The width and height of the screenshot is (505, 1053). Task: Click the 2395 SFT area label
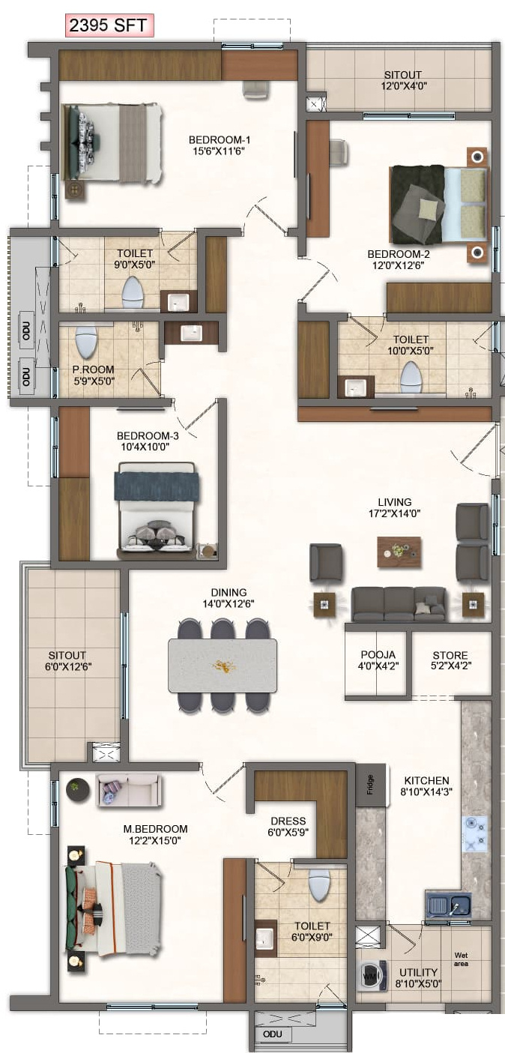click(109, 25)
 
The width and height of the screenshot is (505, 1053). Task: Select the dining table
click(223, 666)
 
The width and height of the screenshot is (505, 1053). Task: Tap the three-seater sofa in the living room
click(399, 604)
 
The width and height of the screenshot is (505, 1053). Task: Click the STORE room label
click(450, 655)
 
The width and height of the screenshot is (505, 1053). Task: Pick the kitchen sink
click(448, 904)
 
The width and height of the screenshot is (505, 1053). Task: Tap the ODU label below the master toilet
click(273, 1034)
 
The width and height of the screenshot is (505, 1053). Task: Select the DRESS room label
click(288, 821)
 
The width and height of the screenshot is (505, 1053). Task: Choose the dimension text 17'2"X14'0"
click(394, 514)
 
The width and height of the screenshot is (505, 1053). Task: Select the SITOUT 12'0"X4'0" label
click(403, 80)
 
